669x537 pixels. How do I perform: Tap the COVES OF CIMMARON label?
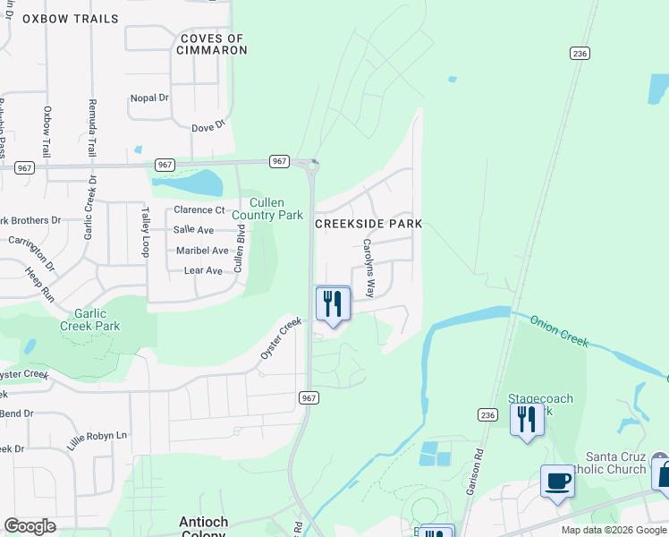(212, 44)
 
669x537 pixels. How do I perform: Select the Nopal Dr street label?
(149, 98)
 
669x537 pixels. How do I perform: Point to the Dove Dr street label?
(207, 128)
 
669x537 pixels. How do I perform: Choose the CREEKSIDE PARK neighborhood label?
(368, 223)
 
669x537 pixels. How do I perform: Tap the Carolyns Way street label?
(368, 268)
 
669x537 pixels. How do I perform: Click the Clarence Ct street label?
(199, 210)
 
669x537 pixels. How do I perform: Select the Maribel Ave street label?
(202, 251)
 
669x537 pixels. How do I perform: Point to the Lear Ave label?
(202, 270)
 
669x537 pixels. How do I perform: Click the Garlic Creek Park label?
(89, 320)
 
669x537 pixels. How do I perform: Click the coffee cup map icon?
(557, 482)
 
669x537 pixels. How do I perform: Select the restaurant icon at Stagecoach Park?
(527, 419)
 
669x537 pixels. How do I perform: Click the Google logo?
(30, 526)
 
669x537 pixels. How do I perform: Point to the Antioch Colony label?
(204, 527)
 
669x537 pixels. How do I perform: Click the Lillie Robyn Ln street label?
(97, 440)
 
